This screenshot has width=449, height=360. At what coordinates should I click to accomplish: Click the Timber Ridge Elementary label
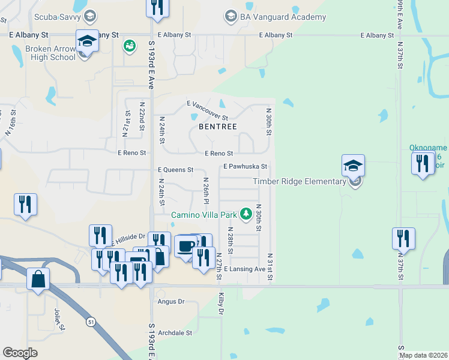(299, 181)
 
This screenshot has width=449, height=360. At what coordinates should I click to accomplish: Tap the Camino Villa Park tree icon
(246, 214)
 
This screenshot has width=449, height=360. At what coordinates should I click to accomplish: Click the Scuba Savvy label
(57, 16)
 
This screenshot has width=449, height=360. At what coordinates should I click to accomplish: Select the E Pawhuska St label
(245, 166)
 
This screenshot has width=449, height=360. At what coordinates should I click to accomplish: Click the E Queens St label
(175, 170)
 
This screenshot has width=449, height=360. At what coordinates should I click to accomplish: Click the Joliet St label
(58, 317)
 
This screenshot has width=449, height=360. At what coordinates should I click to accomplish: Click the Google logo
(20, 353)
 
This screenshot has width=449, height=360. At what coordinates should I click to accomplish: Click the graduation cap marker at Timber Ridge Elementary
(353, 165)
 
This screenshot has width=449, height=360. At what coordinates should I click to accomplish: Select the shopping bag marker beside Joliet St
(38, 279)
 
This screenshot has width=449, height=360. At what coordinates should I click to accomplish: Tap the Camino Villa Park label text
(205, 214)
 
